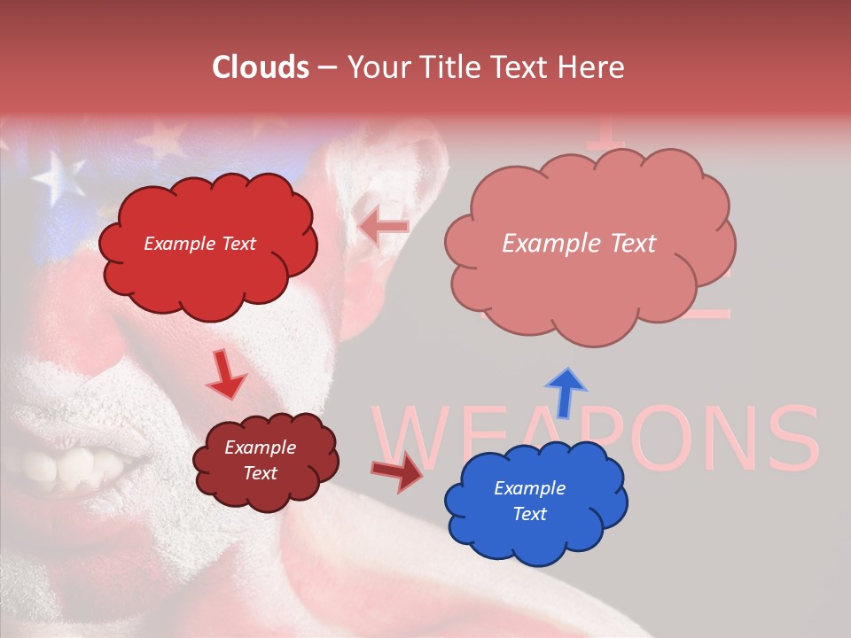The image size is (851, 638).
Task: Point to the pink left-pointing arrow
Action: pos(384,228)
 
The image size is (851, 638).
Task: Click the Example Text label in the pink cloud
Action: pos(579,244)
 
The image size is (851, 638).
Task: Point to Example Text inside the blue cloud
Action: pos(529,501)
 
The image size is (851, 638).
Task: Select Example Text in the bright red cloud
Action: pos(199,244)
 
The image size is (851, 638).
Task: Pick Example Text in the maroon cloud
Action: pos(260,460)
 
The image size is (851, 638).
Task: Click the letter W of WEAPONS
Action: pos(417,440)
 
